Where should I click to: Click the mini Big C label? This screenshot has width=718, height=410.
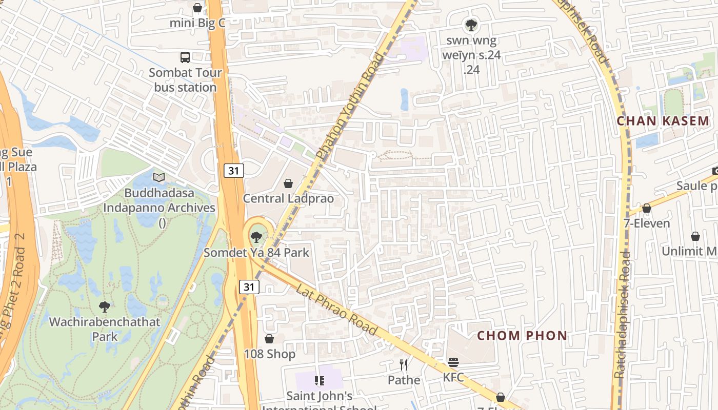point(197,23)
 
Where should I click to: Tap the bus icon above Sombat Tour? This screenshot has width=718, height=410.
point(185,57)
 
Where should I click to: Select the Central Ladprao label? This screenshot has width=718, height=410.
point(288,198)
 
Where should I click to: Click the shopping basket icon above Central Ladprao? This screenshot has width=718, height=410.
point(288,183)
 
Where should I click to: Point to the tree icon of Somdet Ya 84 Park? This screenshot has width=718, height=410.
point(256,237)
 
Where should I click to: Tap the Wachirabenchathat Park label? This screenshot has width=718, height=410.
point(105,330)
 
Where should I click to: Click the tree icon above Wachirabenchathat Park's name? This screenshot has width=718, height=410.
point(105,307)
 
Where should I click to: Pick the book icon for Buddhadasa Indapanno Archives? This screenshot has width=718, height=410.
point(159,178)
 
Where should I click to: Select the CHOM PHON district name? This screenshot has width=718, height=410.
point(522,336)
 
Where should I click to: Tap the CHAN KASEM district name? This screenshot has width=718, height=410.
point(663,121)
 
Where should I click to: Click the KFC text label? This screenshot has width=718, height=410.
point(453,378)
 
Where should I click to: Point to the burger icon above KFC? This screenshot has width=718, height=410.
point(453,362)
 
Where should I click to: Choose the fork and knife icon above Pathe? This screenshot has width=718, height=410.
point(404,364)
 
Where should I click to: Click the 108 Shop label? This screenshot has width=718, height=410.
point(269,354)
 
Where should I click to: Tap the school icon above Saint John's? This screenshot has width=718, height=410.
point(320,381)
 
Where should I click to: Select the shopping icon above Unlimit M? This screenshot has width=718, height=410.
point(695,236)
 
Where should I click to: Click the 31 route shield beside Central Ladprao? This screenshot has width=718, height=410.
point(233,171)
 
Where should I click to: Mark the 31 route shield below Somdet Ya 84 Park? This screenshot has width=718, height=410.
point(249,287)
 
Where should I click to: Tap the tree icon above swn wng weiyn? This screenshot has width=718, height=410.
point(471,24)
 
